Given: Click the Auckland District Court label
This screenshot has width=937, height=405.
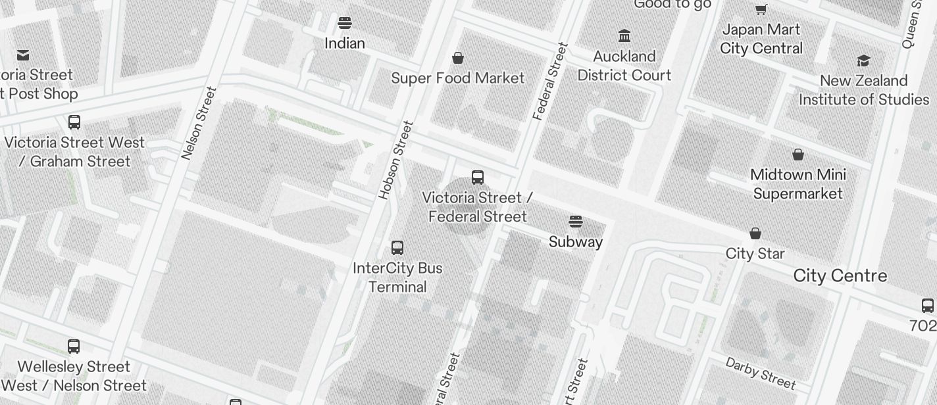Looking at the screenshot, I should pyautogui.click(x=624, y=66).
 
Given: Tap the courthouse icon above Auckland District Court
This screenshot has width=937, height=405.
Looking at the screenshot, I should pyautogui.click(x=624, y=36).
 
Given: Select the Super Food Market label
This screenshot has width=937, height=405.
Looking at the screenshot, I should pyautogui.click(x=458, y=78).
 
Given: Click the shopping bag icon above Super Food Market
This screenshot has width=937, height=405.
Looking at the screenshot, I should pyautogui.click(x=458, y=58).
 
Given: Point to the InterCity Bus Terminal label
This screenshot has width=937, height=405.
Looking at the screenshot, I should pyautogui.click(x=397, y=277).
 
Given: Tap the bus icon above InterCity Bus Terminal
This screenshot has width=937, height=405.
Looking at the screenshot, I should pyautogui.click(x=397, y=248).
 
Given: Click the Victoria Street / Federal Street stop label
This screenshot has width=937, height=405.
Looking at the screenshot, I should pyautogui.click(x=478, y=207).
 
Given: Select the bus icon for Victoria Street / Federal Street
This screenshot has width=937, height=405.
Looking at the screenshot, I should pyautogui.click(x=478, y=178).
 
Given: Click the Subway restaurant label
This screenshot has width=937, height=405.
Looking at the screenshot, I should pyautogui.click(x=576, y=242).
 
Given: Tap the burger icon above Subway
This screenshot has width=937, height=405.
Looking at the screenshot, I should pyautogui.click(x=576, y=222).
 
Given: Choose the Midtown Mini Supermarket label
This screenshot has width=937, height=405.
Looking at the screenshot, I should pyautogui.click(x=798, y=184).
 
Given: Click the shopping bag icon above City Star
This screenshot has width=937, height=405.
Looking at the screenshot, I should pyautogui.click(x=755, y=233).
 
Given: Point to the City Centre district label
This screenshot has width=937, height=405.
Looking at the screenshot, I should pyautogui.click(x=840, y=275).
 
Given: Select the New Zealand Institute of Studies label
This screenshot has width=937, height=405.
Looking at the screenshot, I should pyautogui.click(x=864, y=90).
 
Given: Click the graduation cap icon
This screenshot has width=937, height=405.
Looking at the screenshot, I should pyautogui.click(x=863, y=61).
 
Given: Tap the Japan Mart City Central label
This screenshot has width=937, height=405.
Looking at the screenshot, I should pyautogui.click(x=761, y=39).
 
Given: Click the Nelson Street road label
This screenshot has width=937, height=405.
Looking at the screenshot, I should pyautogui.click(x=198, y=123).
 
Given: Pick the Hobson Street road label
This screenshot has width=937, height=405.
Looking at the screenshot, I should pyautogui.click(x=395, y=160).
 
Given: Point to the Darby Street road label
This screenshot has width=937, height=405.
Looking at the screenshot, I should pyautogui.click(x=761, y=373).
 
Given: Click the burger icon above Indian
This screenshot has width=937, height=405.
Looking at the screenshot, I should pyautogui.click(x=345, y=24).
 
